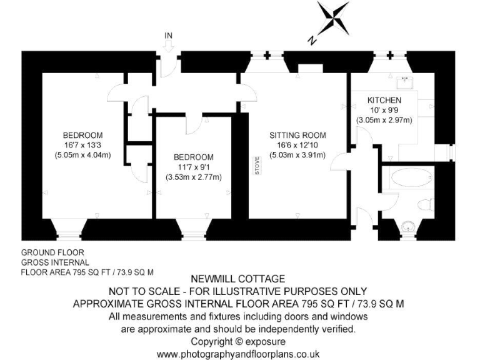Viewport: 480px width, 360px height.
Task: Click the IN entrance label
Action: point(167,35)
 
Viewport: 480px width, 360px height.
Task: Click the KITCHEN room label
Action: point(384,100)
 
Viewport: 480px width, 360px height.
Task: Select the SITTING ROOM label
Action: point(297,135)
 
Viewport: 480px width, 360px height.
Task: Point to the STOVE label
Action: point(257,168)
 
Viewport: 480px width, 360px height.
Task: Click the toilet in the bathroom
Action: point(426,203)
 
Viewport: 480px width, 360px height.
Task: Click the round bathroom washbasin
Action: point(409,227)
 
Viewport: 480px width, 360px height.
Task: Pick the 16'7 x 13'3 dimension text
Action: point(82,145)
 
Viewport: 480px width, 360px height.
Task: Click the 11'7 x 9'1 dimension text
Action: point(194,167)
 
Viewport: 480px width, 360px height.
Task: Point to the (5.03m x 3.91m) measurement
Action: point(297,155)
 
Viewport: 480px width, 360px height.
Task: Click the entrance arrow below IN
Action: point(167,46)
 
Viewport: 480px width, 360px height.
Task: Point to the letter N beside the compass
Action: point(311,40)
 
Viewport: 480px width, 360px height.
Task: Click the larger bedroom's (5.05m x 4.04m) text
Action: point(82,155)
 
